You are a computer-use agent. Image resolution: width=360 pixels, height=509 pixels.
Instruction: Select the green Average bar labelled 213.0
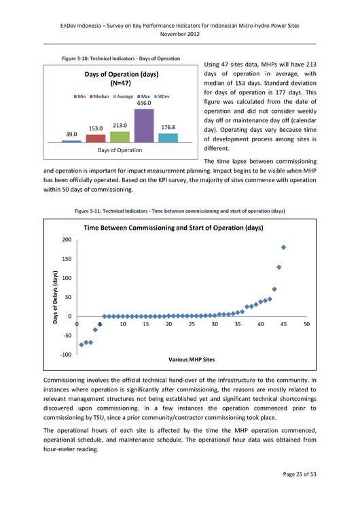[x=120, y=137]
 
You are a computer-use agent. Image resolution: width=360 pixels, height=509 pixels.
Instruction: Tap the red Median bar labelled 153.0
[x=96, y=138]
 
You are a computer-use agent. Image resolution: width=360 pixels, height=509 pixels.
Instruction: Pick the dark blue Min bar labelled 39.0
[x=71, y=141]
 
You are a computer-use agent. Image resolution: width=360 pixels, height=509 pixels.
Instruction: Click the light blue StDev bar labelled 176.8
[x=168, y=137]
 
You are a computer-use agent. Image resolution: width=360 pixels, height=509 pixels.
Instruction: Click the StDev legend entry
[x=162, y=96]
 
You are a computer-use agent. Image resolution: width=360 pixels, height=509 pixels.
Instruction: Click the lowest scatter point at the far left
[x=82, y=345]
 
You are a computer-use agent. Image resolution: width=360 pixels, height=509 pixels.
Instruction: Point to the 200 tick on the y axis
[x=66, y=240]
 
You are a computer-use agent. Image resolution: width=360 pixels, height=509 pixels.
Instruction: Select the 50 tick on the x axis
[x=306, y=325]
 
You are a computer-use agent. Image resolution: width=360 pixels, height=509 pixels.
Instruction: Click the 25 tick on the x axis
[x=192, y=325]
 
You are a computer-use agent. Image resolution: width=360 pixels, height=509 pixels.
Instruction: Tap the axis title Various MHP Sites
[x=192, y=359]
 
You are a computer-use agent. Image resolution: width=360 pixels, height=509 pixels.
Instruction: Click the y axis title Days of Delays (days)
[x=56, y=297]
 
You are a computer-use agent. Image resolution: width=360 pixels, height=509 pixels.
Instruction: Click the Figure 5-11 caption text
[x=179, y=211]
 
